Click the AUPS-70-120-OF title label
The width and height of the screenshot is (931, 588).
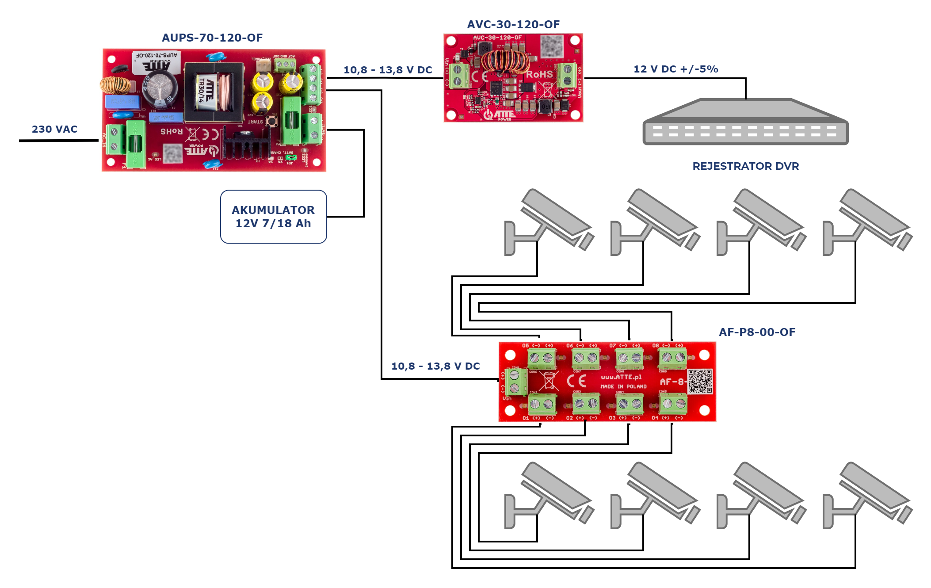212,38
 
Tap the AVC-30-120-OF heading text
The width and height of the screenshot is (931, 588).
513,25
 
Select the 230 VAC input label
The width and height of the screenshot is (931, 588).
54,129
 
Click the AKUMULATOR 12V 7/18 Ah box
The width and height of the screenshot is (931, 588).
273,217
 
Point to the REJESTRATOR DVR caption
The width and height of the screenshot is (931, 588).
745,166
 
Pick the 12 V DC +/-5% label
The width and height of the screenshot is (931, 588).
675,69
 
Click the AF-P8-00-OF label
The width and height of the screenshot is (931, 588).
757,332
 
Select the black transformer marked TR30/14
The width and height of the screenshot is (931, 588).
214,92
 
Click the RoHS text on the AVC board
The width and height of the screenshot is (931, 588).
539,74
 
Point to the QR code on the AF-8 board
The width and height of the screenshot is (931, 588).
700,381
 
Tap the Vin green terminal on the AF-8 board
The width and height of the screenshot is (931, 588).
515,382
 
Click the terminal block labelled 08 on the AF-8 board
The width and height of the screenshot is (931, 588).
672,358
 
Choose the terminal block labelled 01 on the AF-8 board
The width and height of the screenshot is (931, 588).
542,404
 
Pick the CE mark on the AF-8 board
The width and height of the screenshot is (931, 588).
576,381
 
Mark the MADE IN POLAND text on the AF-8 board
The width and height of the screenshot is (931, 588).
623,386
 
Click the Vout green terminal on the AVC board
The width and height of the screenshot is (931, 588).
567,75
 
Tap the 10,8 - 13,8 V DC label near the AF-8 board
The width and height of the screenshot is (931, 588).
435,366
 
